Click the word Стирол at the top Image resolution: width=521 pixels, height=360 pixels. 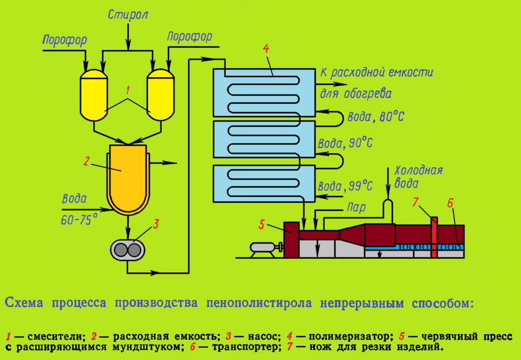click(128, 14)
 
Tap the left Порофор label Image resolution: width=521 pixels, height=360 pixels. click(64, 39)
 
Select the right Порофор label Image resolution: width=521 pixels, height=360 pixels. click(190, 37)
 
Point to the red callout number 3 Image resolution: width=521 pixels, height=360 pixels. click(156, 223)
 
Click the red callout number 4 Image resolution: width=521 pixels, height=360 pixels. click(266, 49)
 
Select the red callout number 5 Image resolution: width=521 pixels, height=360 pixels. click(262, 223)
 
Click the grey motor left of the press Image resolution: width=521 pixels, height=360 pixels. click(263, 248)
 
